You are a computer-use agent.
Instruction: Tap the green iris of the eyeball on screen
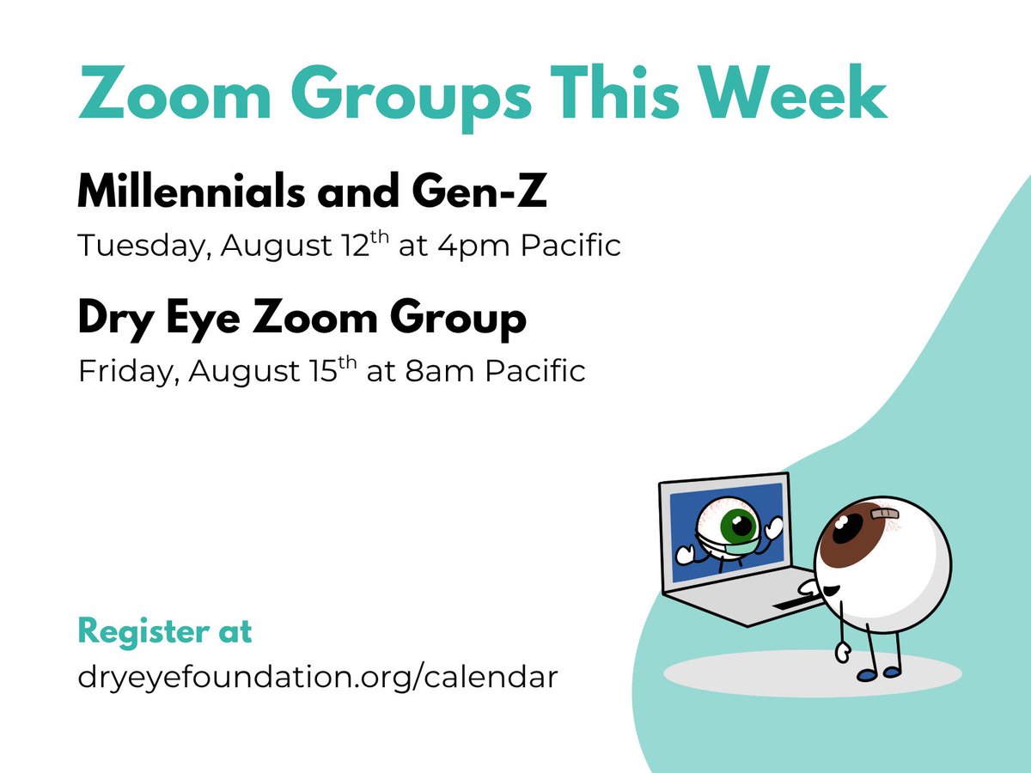click(x=737, y=526)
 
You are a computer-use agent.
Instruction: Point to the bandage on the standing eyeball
click(x=885, y=514)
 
